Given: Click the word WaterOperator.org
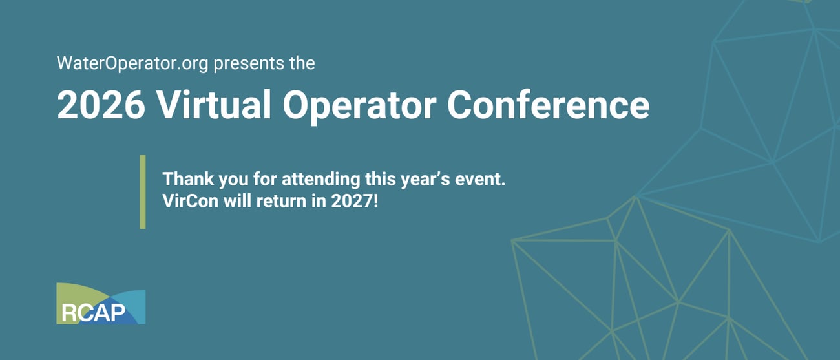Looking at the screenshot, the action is tap(132, 63).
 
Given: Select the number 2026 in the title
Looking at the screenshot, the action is tap(101, 105).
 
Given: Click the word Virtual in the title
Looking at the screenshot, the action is tap(214, 104).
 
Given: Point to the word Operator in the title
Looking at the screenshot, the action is tap(360, 107).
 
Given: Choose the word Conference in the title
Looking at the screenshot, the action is tap(548, 105).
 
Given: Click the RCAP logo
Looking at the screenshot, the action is tap(101, 303).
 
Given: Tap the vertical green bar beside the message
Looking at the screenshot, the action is tap(143, 191).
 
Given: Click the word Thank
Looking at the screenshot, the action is tap(188, 179).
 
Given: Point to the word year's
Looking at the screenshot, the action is tap(425, 180).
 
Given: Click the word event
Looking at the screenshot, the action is tap(480, 179).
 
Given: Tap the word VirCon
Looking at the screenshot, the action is tap(191, 201).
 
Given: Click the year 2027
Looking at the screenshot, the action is tap(351, 201).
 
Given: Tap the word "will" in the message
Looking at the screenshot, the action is tap(237, 201).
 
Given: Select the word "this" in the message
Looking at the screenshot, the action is tap(380, 179).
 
